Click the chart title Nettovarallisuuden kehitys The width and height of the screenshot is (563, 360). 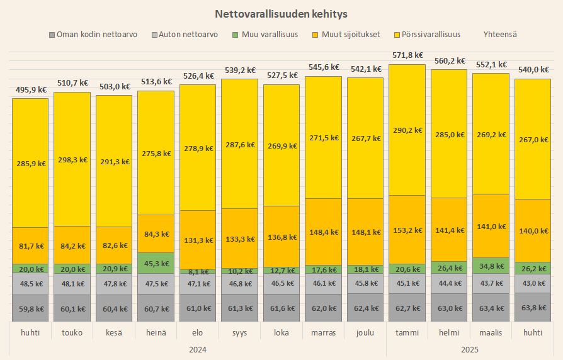point(281,13)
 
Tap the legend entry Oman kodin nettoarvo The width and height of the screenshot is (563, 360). point(96,34)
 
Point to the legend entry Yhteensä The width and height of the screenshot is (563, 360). point(501,34)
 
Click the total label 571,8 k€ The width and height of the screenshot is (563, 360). point(407,55)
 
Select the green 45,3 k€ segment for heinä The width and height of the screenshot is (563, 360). point(156,263)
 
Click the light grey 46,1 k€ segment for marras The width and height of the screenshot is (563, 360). point(323,284)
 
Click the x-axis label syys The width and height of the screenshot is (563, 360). point(239,332)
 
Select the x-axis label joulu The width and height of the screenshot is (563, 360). point(365,332)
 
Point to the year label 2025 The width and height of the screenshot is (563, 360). point(469,349)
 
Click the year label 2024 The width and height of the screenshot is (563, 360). point(198,349)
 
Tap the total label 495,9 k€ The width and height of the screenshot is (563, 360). point(30,89)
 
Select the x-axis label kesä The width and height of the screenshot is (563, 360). point(114,332)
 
